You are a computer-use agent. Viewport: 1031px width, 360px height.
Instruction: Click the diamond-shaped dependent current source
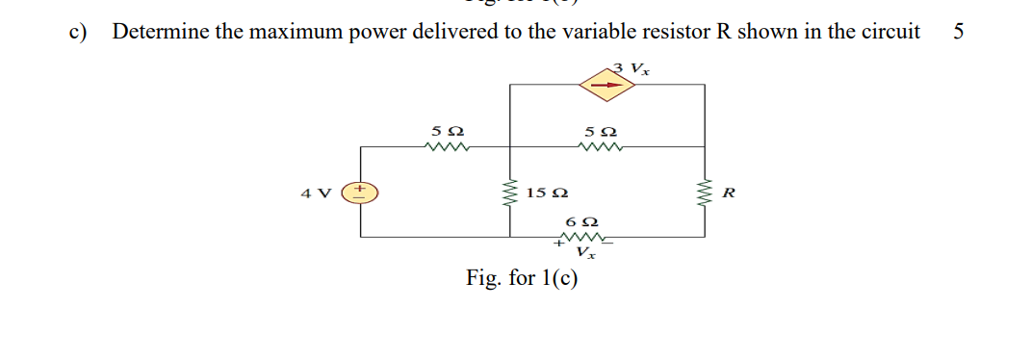pos(606,85)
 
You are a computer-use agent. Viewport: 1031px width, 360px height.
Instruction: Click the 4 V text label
pos(313,192)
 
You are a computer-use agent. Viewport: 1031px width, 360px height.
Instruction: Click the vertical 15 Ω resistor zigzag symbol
pos(509,192)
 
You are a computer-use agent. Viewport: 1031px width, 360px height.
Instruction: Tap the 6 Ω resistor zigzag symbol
pos(580,236)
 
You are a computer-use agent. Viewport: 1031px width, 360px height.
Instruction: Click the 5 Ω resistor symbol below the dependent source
pos(602,147)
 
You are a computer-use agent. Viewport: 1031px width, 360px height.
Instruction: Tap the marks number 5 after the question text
pos(958,31)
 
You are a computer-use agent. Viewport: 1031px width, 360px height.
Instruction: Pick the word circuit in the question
pos(888,31)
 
